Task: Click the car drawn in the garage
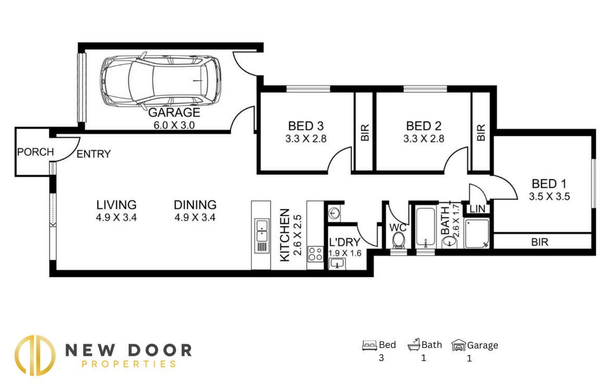pyautogui.click(x=160, y=81)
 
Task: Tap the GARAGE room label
pyautogui.click(x=174, y=113)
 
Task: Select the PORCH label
pyautogui.click(x=35, y=152)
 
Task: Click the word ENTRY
pyautogui.click(x=94, y=154)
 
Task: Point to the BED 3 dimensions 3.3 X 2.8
pyautogui.click(x=306, y=139)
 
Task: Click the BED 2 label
pyautogui.click(x=424, y=126)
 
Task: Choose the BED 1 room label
pyautogui.click(x=549, y=184)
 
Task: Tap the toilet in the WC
pyautogui.click(x=399, y=240)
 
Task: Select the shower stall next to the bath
pyautogui.click(x=477, y=233)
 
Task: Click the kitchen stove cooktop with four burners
pyautogui.click(x=315, y=254)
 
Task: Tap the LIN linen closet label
pyautogui.click(x=478, y=209)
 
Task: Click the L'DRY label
pyautogui.click(x=345, y=243)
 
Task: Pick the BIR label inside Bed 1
pyautogui.click(x=540, y=243)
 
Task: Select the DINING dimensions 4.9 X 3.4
pyautogui.click(x=195, y=217)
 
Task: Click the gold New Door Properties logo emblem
pyautogui.click(x=35, y=355)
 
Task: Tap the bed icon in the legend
pyautogui.click(x=369, y=345)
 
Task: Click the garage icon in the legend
pyautogui.click(x=458, y=345)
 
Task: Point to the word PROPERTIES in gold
pyautogui.click(x=129, y=364)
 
